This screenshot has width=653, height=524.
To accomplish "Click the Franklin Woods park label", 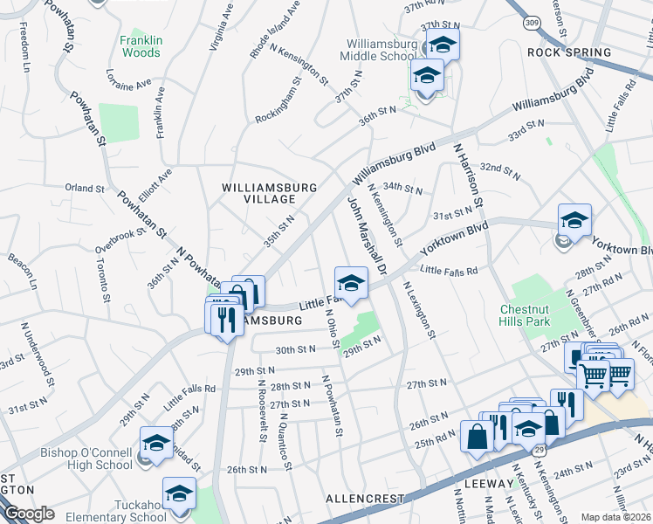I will pyautogui.click(x=140, y=46).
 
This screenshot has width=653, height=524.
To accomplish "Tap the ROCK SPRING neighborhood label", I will pyautogui.click(x=569, y=52).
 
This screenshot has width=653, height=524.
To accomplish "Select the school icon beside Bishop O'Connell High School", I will pyautogui.click(x=156, y=444).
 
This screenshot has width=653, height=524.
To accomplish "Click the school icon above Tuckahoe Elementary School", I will pyautogui.click(x=179, y=493).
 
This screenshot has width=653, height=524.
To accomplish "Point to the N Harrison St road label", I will pyautogui.click(x=467, y=176).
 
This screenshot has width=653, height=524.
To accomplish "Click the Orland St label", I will pyautogui.click(x=85, y=188).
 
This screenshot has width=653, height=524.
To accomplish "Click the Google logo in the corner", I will pyautogui.click(x=30, y=514).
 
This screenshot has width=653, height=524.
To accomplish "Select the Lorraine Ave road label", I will pyautogui.click(x=128, y=80).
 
